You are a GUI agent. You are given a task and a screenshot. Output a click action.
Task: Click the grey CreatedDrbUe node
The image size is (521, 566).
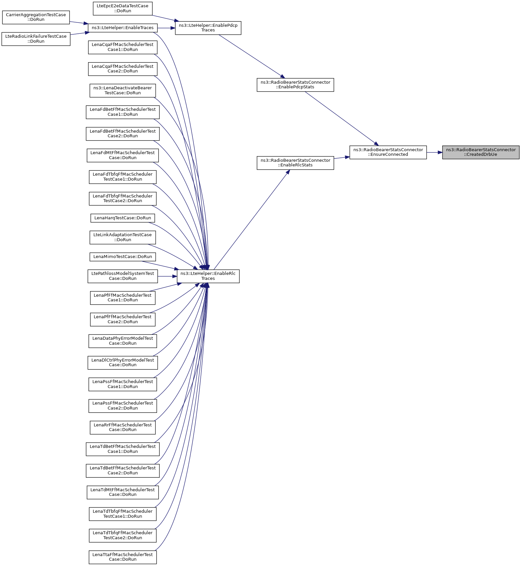pos(481,152)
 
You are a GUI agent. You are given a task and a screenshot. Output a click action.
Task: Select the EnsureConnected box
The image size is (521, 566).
pos(388,152)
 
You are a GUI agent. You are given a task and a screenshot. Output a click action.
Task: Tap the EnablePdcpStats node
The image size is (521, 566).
pos(295,85)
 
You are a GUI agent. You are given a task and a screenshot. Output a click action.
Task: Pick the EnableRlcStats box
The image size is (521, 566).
pos(295,163)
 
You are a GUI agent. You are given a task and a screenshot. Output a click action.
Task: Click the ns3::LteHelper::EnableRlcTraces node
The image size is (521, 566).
pos(208,276)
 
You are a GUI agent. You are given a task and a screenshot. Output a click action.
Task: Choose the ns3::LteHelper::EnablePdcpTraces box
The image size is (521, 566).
pos(208,28)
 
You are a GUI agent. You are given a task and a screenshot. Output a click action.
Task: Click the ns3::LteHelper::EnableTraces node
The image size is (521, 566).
pos(123,28)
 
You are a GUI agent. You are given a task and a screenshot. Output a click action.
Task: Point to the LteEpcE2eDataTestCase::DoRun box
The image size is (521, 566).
pos(123,8)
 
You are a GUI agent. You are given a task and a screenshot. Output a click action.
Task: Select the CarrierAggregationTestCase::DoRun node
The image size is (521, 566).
pos(36,17)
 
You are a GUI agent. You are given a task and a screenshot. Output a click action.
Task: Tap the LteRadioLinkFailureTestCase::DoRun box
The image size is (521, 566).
pos(36,39)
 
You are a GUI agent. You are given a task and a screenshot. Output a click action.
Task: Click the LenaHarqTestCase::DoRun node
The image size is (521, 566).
pos(123,218)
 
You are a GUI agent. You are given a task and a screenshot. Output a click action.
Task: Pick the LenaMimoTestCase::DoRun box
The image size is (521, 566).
pos(123,257)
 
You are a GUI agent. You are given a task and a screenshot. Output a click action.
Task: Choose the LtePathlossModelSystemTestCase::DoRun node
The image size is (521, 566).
pos(123,276)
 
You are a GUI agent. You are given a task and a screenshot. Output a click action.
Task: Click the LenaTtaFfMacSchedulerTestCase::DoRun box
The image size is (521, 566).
pos(123,557)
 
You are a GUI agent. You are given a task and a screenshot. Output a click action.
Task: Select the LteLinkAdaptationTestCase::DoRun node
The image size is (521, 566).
pos(123,237)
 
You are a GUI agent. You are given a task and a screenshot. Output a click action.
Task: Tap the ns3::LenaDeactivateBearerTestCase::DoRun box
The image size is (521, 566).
pos(123,90)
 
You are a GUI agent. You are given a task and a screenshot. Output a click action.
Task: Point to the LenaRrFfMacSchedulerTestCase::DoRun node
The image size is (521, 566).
pos(123,427)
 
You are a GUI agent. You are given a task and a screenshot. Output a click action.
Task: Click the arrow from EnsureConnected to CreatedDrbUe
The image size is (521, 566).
pos(434,152)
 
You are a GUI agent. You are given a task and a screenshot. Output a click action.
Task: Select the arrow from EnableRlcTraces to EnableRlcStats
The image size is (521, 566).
pos(252,220)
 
